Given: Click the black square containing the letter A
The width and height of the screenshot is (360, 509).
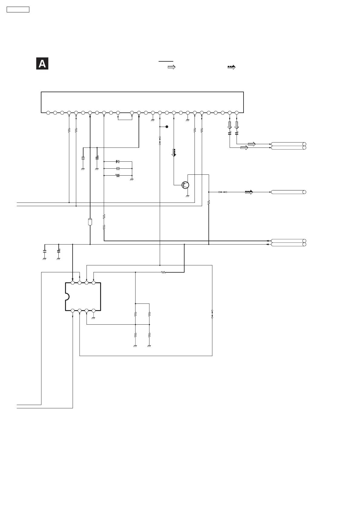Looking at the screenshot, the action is coord(42,64).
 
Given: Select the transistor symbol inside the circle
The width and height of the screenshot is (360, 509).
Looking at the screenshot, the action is coord(185,185).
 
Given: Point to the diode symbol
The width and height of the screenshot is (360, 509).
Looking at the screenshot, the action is coord(118,161).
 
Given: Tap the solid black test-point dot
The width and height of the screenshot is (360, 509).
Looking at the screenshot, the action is coord(167,127).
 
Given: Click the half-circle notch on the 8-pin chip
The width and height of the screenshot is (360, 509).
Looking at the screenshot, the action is coord(67,297).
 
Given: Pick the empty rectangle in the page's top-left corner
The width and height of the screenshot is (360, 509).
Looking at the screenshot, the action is coord(18,9).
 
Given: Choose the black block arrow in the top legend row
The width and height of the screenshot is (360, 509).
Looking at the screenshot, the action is coord(231,67).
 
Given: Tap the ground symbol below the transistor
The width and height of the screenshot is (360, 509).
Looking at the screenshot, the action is coord(188,196).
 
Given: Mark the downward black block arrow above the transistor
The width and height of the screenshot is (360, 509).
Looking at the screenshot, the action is coord(174,153).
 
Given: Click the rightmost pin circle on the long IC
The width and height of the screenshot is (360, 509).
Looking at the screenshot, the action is coord(237,113).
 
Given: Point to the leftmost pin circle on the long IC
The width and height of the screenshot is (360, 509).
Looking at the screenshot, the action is coord(48,113).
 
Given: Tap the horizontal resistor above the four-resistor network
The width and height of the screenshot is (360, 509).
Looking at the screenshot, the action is coord(163,272).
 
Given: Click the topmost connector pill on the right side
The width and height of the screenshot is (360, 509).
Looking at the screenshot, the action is coord(288,144).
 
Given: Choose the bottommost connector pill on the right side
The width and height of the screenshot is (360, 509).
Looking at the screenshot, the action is coord(288,244).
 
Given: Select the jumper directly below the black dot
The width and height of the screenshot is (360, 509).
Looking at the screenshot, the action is coord(160,141).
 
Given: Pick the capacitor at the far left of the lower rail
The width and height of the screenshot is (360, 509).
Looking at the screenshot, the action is coord(44,251).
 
